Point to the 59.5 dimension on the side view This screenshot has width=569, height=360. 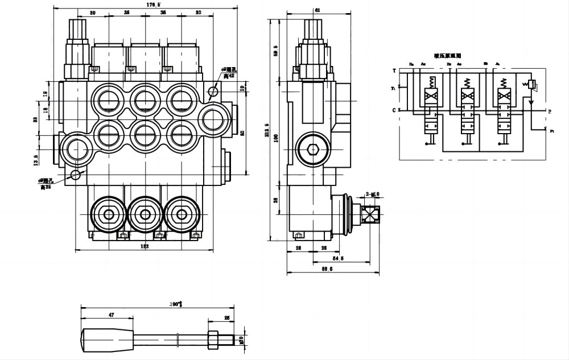point(275,50)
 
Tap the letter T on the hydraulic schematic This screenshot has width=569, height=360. point(394,71)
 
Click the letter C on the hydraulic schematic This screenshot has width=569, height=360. point(394,109)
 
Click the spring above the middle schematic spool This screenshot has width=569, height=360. point(466,82)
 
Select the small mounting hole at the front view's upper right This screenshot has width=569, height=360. point(213,92)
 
